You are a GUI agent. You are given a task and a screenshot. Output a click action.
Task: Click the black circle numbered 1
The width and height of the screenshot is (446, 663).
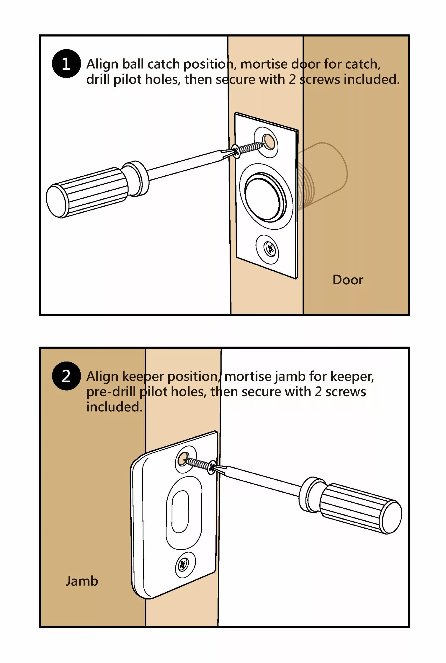pyautogui.click(x=66, y=63)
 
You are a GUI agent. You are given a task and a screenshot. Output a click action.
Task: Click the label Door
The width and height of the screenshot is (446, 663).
pyautogui.click(x=348, y=280)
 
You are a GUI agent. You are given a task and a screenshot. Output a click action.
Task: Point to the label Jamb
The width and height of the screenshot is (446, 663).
pyautogui.click(x=82, y=581)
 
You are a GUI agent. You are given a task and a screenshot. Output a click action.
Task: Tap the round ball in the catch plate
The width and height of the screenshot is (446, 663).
pyautogui.click(x=265, y=196)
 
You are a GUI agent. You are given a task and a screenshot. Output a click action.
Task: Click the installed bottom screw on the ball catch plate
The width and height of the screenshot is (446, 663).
pyautogui.click(x=269, y=249)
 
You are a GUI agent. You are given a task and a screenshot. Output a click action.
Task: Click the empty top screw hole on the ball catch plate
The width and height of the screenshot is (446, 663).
pyautogui.click(x=269, y=141)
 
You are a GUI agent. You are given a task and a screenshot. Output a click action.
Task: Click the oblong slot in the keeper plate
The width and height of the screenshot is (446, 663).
pyautogui.click(x=180, y=511)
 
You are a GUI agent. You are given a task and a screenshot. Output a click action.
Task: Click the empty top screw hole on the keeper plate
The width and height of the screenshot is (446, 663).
pyautogui.click(x=182, y=459)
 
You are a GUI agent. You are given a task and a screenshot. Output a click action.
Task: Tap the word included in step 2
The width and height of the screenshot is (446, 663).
pyautogui.click(x=114, y=407)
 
